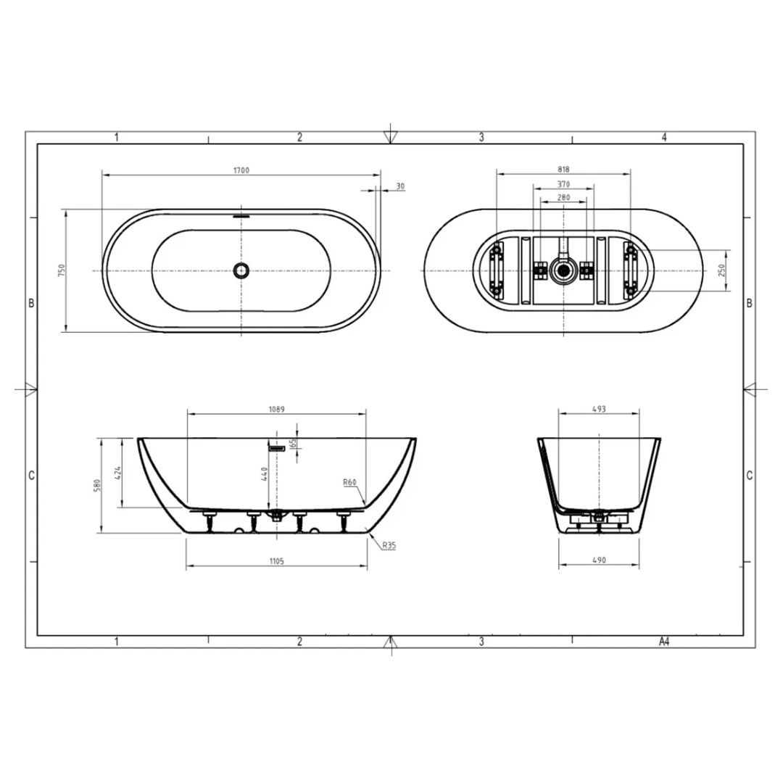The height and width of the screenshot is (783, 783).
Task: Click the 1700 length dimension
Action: pyautogui.click(x=241, y=170)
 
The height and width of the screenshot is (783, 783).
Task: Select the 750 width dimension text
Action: pyautogui.click(x=62, y=270)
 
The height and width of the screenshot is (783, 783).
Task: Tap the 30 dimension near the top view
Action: pyautogui.click(x=400, y=186)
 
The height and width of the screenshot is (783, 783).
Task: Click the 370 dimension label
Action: pyautogui.click(x=563, y=184)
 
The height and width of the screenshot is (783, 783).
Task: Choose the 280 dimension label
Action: pyautogui.click(x=563, y=197)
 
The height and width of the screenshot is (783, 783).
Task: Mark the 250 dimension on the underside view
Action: pyautogui.click(x=721, y=270)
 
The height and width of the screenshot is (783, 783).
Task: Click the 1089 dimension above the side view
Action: pyautogui.click(x=276, y=409)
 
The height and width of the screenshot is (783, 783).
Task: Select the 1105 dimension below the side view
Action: pyautogui.click(x=276, y=560)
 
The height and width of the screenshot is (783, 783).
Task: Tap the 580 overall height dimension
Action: pyautogui.click(x=97, y=485)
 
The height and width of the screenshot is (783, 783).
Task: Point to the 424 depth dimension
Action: pyautogui.click(x=118, y=473)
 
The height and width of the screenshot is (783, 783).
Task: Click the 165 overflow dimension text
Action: pyautogui.click(x=294, y=444)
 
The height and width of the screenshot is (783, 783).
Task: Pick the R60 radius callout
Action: pyautogui.click(x=351, y=482)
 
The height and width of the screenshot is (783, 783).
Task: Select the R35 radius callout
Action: pyautogui.click(x=389, y=545)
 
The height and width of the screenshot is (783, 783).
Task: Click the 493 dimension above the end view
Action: pyautogui.click(x=599, y=409)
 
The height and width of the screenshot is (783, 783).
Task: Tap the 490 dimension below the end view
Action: pyautogui.click(x=599, y=560)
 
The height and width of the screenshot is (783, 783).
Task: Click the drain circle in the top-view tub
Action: pyautogui.click(x=241, y=270)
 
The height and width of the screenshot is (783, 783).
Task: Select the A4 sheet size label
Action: pyautogui.click(x=663, y=642)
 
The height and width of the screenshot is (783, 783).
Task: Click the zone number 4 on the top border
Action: pyautogui.click(x=663, y=136)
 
